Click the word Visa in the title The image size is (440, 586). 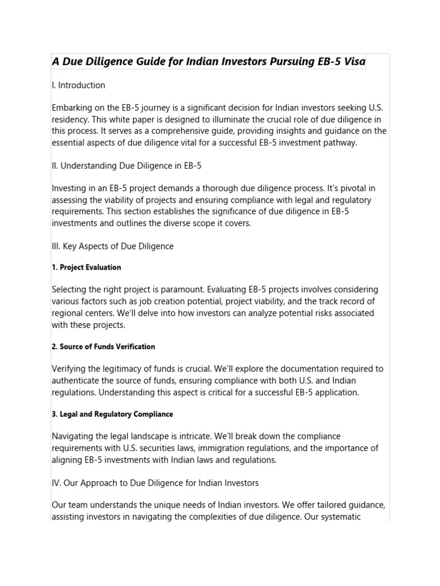(x=352, y=61)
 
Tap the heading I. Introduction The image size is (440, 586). (x=78, y=85)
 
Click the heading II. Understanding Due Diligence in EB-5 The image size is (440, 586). (x=127, y=166)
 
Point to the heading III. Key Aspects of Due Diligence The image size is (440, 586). (x=112, y=246)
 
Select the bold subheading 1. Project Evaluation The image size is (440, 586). (x=87, y=267)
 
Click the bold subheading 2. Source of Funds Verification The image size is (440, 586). (x=103, y=347)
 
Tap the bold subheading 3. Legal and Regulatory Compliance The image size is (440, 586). (x=112, y=414)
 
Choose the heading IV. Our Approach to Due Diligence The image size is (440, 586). (x=155, y=483)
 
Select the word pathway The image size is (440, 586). (x=339, y=142)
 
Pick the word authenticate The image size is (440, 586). (x=77, y=381)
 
